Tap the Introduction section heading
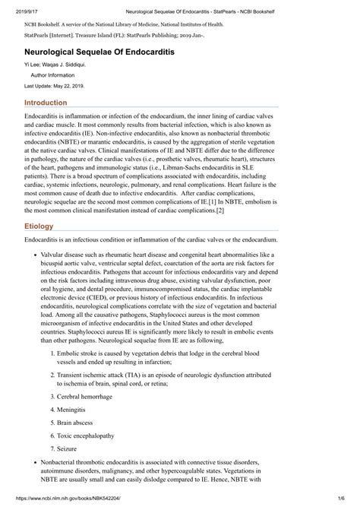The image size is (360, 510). tap(51, 102)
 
